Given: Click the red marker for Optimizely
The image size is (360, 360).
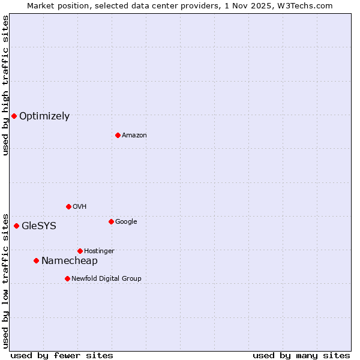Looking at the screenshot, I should [x=14, y=116].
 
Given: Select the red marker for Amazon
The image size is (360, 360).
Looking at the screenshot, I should [x=118, y=135].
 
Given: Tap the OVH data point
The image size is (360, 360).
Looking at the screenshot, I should [x=68, y=206].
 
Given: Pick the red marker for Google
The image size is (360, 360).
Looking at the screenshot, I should [x=111, y=221].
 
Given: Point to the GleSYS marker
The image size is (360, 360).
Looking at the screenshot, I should [x=16, y=226].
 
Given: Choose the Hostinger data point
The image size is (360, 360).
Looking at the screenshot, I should [x=80, y=251].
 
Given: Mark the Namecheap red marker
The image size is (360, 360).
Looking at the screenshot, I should [x=36, y=260].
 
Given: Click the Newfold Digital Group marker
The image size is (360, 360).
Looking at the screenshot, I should [x=67, y=278].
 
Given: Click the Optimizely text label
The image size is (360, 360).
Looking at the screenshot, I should [x=44, y=116].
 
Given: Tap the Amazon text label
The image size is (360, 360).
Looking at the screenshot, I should [x=134, y=136].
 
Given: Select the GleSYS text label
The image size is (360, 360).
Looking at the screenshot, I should [x=39, y=226].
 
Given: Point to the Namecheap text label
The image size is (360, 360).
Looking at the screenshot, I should [x=70, y=261].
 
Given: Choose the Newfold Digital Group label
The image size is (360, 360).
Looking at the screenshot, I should [x=107, y=279].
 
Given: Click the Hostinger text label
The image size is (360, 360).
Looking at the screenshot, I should [x=100, y=251].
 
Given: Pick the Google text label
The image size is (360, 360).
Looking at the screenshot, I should [x=126, y=222].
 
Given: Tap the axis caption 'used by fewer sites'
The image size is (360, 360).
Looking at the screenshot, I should [x=62, y=355].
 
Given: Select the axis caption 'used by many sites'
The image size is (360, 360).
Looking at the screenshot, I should [x=301, y=355].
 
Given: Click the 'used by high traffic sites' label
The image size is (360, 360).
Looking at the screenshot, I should [x=5, y=85].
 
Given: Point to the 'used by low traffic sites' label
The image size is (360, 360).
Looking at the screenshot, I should [x=5, y=280].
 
